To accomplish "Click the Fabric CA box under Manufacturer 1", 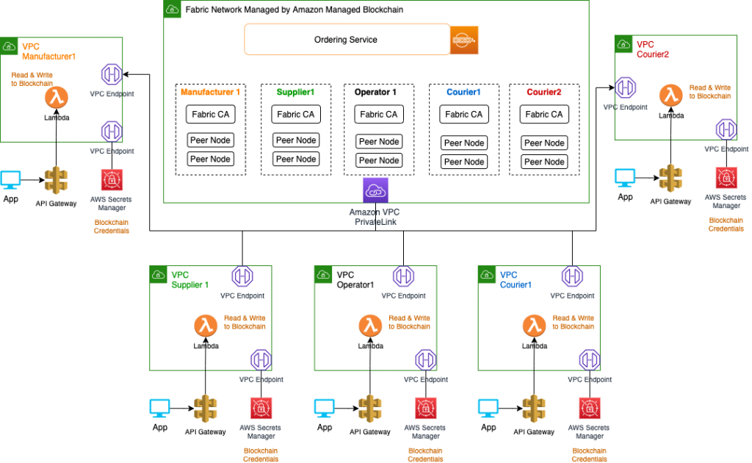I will (210, 114).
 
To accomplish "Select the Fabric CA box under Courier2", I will (544, 114).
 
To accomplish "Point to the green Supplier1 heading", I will (295, 93).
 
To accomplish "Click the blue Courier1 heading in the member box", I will (463, 93).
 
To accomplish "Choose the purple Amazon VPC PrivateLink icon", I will (375, 190).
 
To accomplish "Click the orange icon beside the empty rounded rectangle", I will (464, 40).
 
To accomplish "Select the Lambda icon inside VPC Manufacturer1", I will (56, 98).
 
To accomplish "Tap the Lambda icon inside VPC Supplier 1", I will (206, 326).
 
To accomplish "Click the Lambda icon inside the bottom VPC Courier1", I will (534, 326).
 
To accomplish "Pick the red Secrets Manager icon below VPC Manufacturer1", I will (112, 179).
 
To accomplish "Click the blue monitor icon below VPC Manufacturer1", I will (10, 179).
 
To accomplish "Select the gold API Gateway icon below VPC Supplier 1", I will (206, 408).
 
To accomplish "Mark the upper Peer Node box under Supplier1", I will (295, 140).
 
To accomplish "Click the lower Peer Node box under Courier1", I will (463, 162).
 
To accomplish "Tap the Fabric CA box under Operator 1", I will (379, 114).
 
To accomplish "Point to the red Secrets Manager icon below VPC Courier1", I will (587, 408).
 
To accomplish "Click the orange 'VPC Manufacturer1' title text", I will (48, 51).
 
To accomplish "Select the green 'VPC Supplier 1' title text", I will (190, 279).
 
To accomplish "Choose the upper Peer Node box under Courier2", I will (544, 143).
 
